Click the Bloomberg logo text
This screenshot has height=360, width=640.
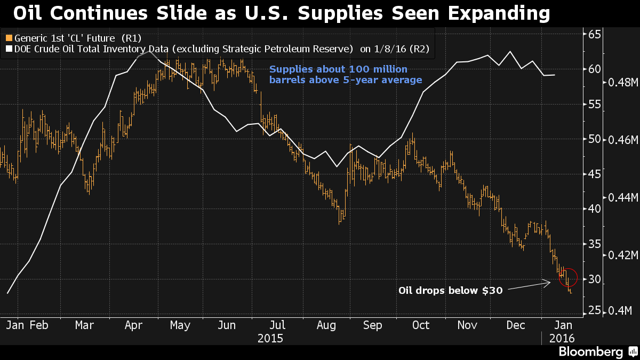point(590,352)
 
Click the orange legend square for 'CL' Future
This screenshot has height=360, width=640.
point(8,38)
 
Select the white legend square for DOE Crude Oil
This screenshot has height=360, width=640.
point(8,49)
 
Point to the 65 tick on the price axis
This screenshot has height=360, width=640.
point(595,34)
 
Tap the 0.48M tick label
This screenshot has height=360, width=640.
point(620,82)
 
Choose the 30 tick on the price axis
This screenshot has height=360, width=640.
point(595,279)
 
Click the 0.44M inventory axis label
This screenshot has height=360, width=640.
point(620,197)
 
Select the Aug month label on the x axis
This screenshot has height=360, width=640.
point(326,325)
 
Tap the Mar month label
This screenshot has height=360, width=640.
point(84,325)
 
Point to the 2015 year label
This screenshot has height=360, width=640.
point(270,338)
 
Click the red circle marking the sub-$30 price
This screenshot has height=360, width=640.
point(567,277)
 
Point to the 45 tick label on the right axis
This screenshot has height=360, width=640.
point(595,174)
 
